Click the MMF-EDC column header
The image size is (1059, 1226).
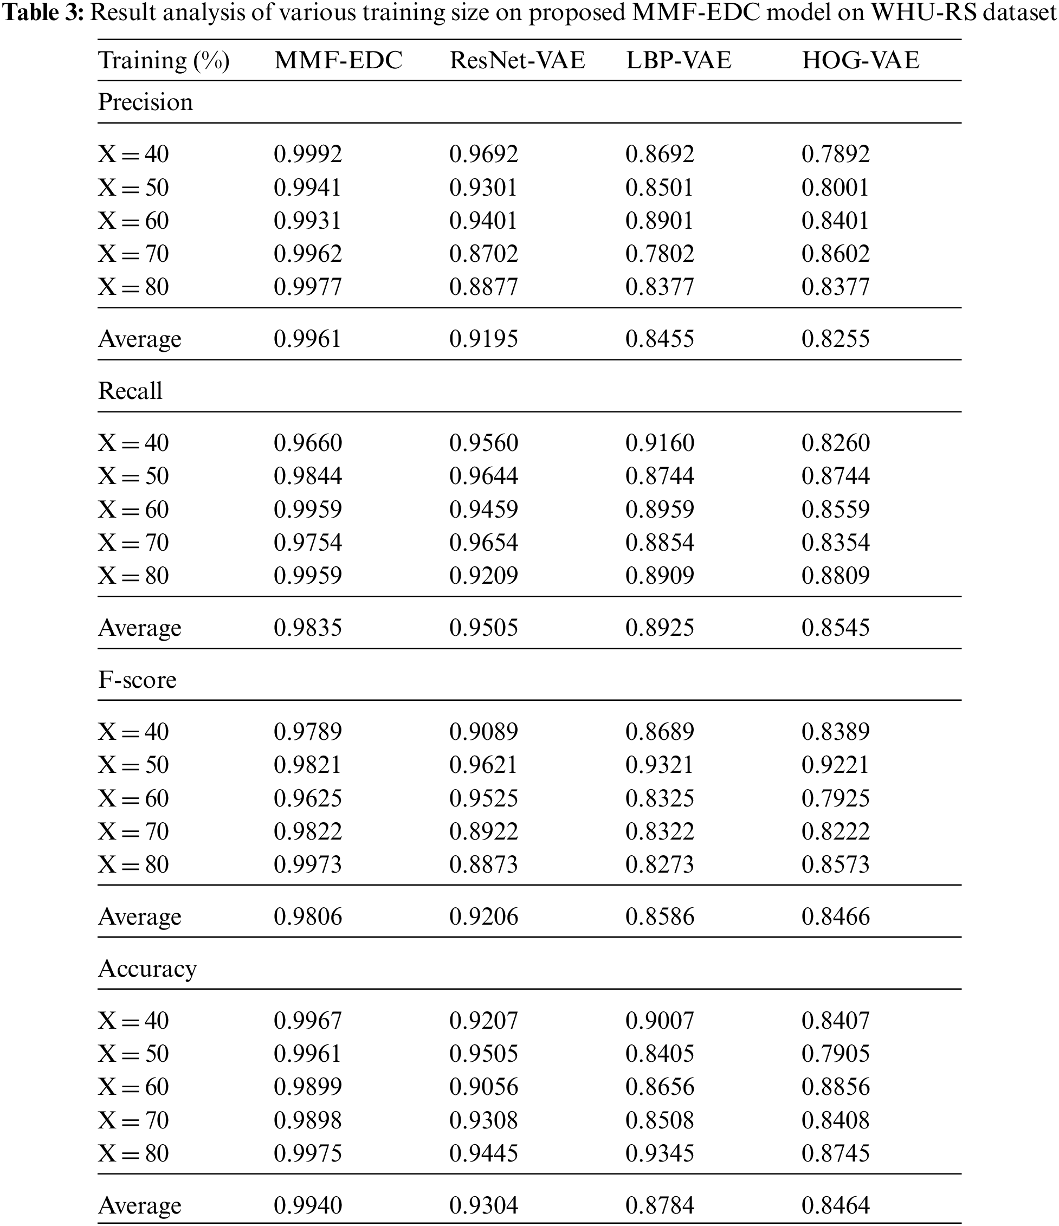(338, 60)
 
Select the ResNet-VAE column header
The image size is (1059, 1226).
(517, 60)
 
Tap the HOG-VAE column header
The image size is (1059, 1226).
(860, 60)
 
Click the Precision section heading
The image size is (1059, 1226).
(146, 102)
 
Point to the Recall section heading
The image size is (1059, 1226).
(130, 391)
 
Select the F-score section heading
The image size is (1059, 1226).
(137, 680)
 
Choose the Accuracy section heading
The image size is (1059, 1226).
(147, 969)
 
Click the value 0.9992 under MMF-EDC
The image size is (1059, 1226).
(308, 154)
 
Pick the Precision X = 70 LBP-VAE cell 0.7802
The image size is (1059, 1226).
(660, 254)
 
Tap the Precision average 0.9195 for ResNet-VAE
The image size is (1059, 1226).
(483, 339)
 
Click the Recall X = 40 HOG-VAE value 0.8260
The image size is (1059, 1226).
(835, 443)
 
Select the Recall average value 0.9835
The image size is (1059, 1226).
(308, 628)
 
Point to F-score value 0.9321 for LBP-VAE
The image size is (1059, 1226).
(660, 765)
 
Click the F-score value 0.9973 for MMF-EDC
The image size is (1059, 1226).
(308, 864)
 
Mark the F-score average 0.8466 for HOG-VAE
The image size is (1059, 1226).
(835, 917)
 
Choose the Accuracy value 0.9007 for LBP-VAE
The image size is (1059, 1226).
(660, 1021)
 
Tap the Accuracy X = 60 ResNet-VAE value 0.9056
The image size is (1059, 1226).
(483, 1087)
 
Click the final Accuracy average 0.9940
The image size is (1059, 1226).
(308, 1205)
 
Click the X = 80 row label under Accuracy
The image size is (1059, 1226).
(134, 1153)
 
